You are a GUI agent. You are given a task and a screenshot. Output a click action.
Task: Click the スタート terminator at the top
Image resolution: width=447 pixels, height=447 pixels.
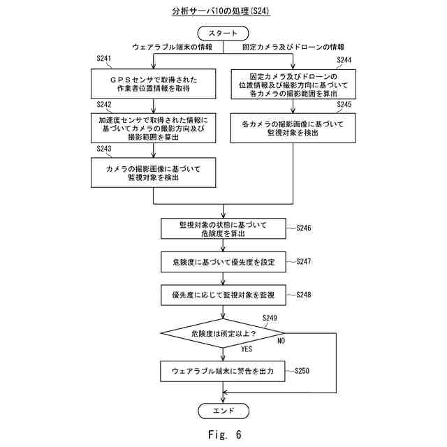pos(223,33)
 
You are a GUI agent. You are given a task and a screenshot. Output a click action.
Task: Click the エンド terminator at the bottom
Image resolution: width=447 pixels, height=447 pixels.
pos(223,411)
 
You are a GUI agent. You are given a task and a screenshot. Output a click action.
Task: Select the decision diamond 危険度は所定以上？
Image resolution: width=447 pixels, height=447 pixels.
pos(223,333)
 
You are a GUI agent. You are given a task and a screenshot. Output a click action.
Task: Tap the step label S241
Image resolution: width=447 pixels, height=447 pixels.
pos(104,58)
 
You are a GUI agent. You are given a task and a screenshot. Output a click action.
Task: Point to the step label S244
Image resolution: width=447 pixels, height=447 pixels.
pos(344,60)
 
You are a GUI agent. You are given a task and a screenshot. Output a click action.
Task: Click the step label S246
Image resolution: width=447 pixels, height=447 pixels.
pos(304,228)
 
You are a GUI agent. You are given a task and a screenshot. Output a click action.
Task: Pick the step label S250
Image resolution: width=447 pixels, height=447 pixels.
pos(302,371)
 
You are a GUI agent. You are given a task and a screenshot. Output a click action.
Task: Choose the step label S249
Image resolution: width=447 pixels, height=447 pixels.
pos(270,318)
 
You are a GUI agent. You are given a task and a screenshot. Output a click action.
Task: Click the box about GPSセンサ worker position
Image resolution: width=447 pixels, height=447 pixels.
pos(154,84)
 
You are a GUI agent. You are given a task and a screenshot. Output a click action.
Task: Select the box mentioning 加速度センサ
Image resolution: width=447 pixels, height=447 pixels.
pos(154,128)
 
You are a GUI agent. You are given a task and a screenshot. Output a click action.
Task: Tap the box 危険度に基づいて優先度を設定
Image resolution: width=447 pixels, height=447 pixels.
pos(223,262)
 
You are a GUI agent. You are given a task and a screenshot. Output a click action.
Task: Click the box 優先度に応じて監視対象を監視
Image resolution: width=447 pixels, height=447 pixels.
pos(223,295)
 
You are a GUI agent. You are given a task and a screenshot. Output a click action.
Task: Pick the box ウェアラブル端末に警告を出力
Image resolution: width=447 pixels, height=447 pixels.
pos(223,371)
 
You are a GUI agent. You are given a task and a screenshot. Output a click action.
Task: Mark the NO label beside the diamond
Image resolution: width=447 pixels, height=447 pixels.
pos(281,341)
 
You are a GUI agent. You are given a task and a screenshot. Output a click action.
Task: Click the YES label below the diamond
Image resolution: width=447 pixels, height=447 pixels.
pos(247,349)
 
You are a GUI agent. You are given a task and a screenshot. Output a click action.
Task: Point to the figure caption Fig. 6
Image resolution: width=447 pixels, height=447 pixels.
pos(225,434)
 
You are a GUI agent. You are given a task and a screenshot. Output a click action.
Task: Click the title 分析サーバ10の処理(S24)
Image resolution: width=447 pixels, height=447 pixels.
pos(221,11)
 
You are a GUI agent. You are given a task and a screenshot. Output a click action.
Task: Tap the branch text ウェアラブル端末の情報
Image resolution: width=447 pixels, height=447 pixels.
pos(173,47)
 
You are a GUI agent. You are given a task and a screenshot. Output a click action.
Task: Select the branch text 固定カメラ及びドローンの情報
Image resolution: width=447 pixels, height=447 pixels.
pos(293,47)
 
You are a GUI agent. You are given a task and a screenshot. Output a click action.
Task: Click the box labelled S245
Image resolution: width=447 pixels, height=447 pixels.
pos(293,128)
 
